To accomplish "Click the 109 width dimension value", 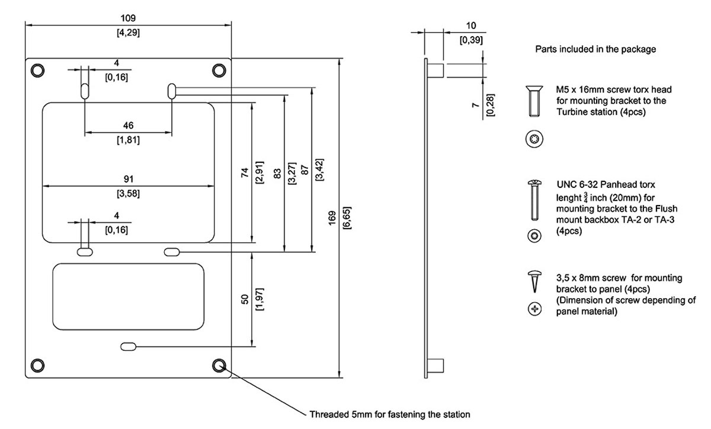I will pyautogui.click(x=128, y=18).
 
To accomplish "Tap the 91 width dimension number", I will pyautogui.click(x=129, y=178).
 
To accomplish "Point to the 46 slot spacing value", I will pyautogui.click(x=129, y=125).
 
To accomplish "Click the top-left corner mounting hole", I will pyautogui.click(x=38, y=70).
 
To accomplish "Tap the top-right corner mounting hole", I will pyautogui.click(x=219, y=70).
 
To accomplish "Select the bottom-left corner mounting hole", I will pyautogui.click(x=38, y=364).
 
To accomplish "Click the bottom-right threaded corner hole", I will pyautogui.click(x=219, y=364).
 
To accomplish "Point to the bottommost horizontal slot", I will pyautogui.click(x=129, y=345).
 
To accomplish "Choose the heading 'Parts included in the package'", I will pyautogui.click(x=595, y=49).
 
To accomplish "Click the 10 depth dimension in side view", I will pyautogui.click(x=471, y=26).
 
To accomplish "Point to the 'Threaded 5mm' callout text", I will pyautogui.click(x=390, y=414).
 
